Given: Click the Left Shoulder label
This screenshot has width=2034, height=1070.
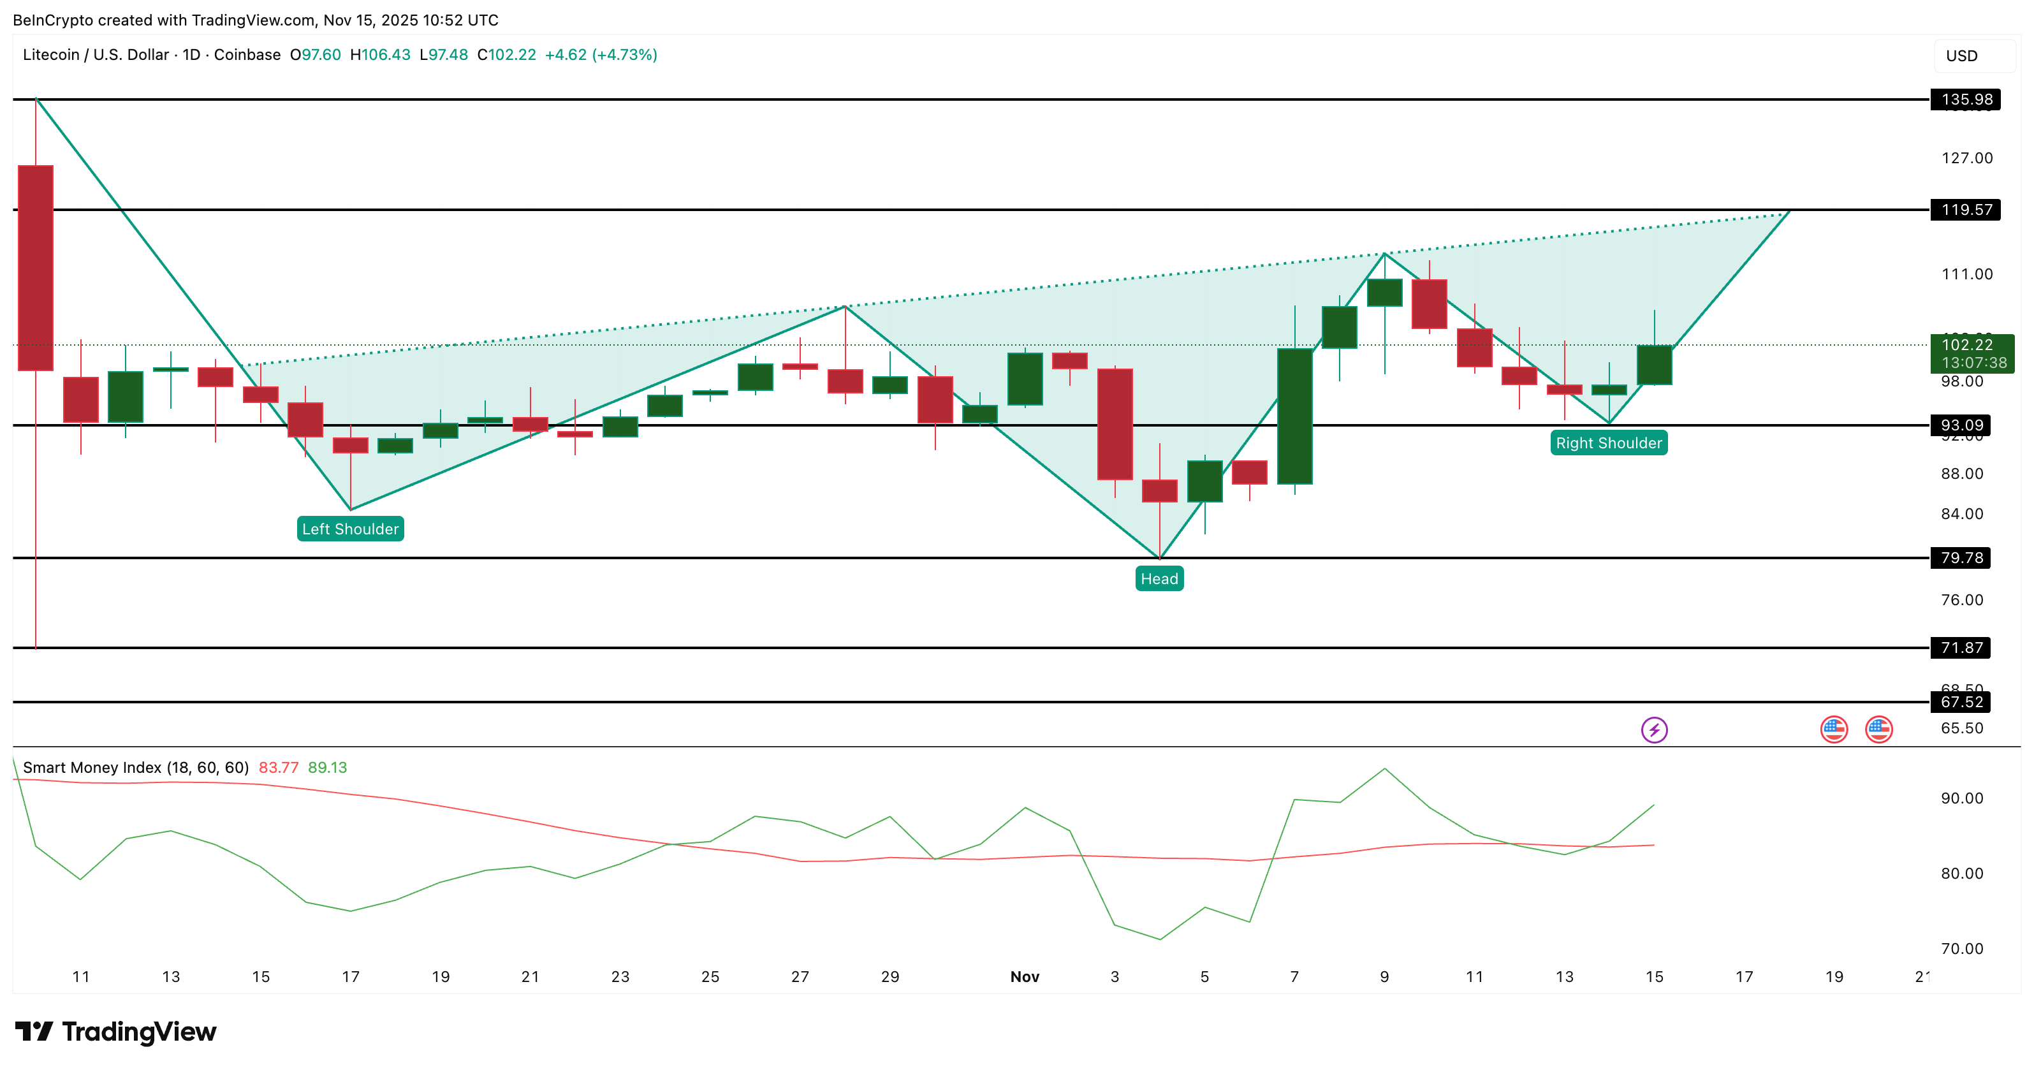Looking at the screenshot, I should point(350,529).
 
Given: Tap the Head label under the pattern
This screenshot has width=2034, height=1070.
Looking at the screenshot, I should point(1159,579).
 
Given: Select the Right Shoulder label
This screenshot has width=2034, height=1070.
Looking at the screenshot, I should point(1609,443).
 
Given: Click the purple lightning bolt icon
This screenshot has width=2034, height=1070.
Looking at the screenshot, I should point(1654,729).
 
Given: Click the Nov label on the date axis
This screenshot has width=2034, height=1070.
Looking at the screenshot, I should point(1024,977).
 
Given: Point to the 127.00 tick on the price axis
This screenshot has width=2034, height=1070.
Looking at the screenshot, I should point(1966,158).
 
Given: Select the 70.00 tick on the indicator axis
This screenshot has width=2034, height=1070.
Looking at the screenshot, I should point(1961,948).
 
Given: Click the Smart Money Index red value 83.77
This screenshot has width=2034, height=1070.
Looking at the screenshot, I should point(278,768).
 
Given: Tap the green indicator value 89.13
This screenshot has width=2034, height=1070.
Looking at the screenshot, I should point(327,768).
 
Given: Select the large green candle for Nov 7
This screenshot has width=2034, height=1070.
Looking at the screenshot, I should point(1294,416).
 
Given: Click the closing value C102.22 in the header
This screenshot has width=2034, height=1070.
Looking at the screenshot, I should point(506,54).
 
